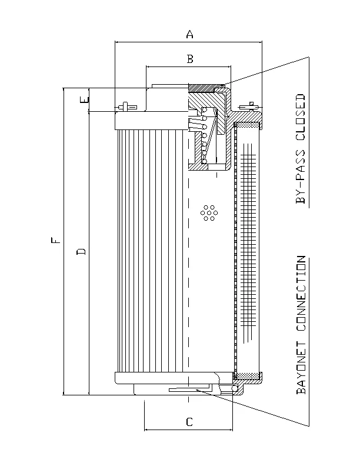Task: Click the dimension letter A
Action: [x=189, y=34]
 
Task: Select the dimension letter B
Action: [x=190, y=59]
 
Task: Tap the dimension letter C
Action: [x=189, y=422]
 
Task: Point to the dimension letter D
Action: [x=81, y=252]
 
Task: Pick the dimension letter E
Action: [x=84, y=99]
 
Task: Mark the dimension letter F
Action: [x=55, y=240]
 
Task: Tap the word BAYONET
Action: [x=301, y=368]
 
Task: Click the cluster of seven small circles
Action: [x=209, y=213]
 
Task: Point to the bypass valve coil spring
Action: [x=205, y=135]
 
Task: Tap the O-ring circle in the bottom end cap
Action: [x=235, y=389]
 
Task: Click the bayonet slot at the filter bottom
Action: [x=190, y=388]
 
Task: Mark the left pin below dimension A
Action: [x=125, y=106]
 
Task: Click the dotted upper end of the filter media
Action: [x=247, y=125]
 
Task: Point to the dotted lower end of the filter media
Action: [x=247, y=376]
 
